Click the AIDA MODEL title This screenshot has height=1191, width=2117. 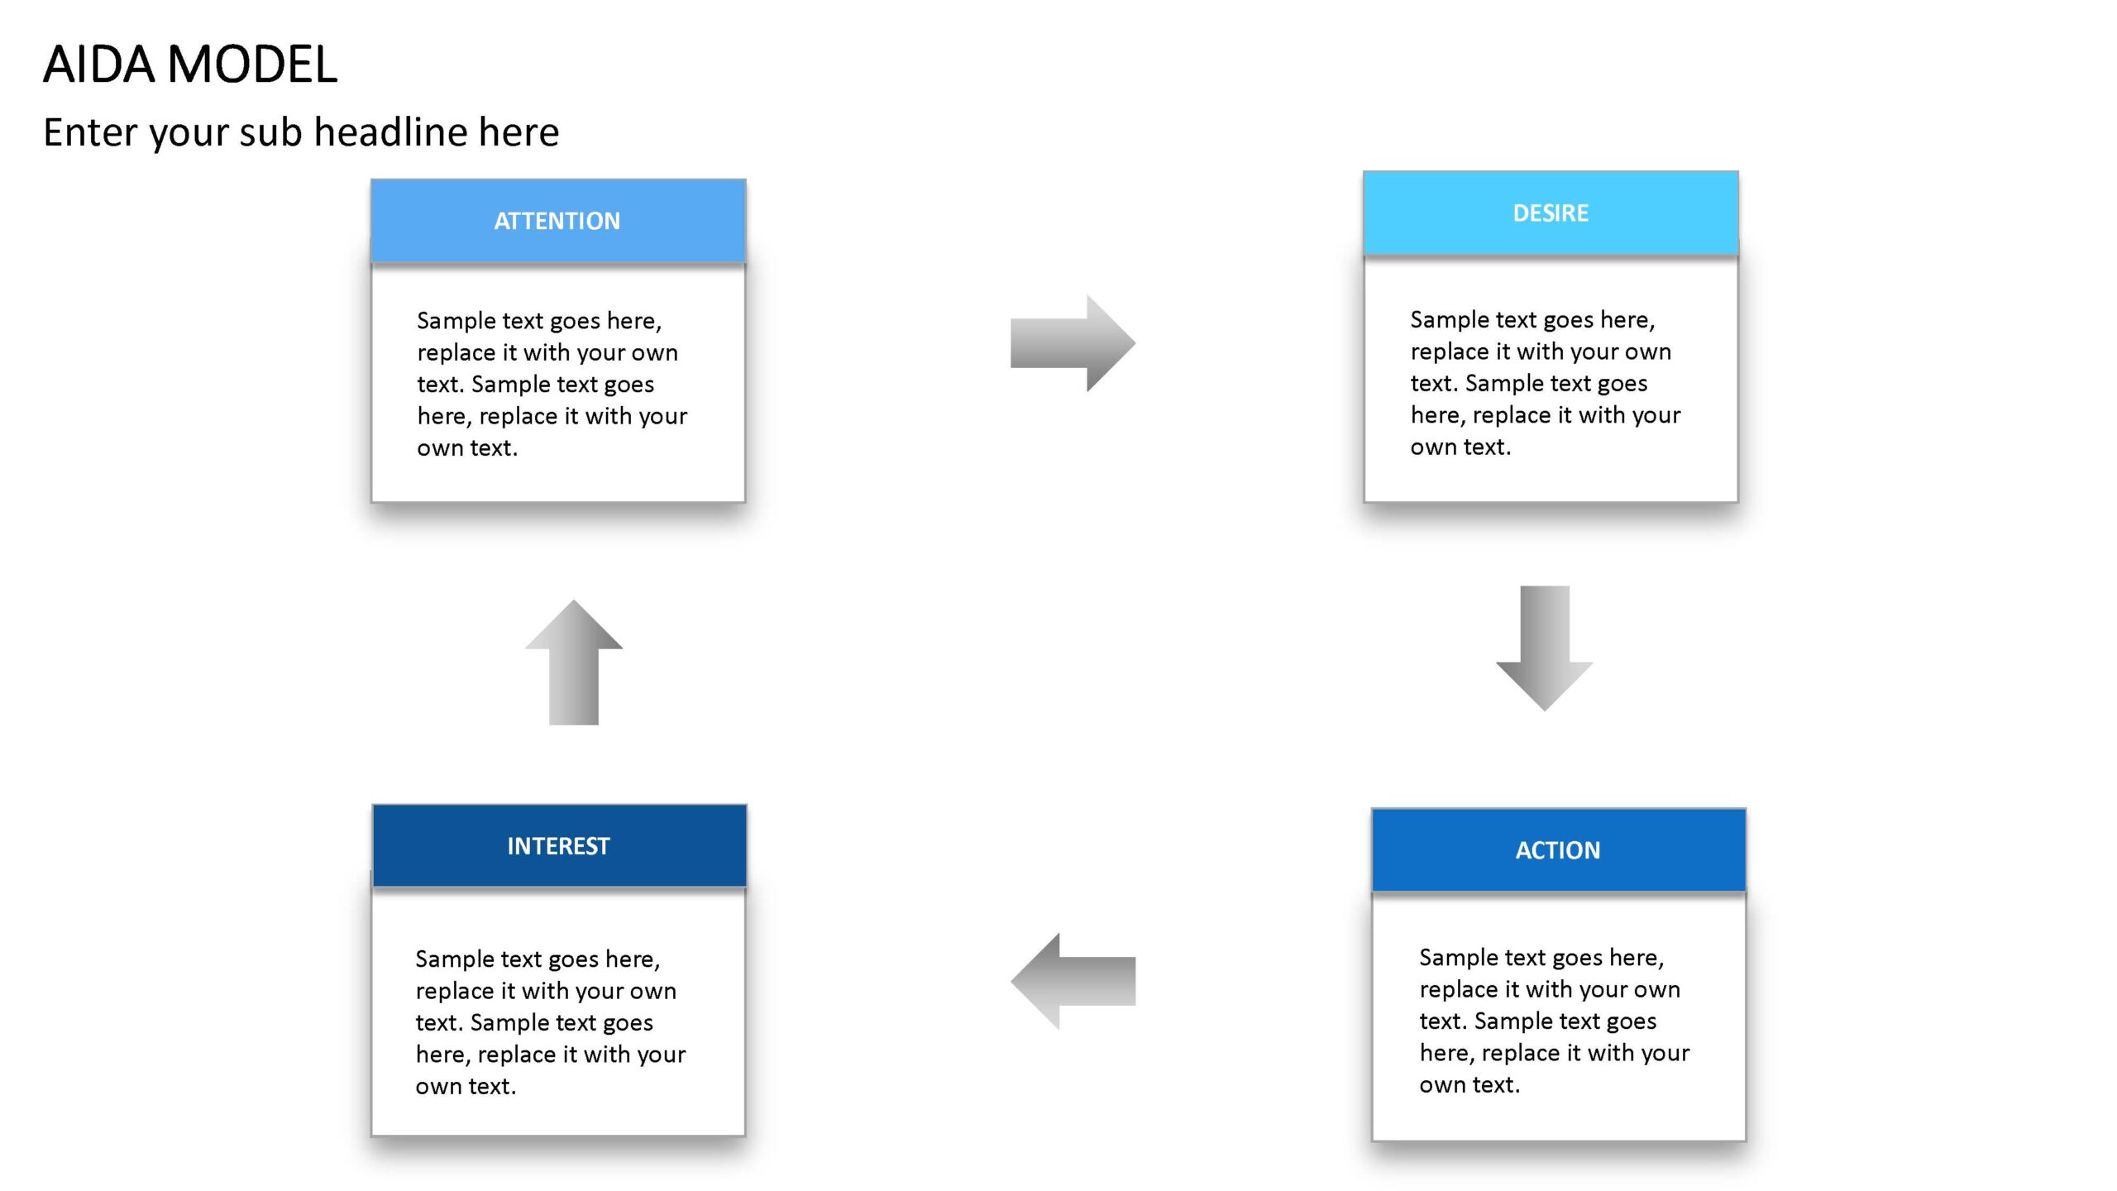190,65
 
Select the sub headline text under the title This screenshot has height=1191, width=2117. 301,132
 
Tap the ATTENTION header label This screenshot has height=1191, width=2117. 557,221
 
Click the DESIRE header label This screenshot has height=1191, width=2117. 1551,213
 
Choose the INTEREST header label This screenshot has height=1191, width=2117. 558,846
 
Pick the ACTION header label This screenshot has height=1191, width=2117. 1558,850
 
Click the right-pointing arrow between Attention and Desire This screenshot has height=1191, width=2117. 1073,343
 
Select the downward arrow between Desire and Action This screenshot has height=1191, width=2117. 1545,648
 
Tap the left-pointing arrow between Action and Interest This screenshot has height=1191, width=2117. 1073,981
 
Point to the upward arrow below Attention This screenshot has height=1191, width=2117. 574,662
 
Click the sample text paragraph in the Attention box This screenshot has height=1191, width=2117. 552,384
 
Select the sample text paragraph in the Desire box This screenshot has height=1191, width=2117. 1546,383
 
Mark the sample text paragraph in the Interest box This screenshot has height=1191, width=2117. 551,1022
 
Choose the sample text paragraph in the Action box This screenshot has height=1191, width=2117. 1555,1021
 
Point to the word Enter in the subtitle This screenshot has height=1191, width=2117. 91,132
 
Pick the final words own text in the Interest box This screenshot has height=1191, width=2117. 466,1086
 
